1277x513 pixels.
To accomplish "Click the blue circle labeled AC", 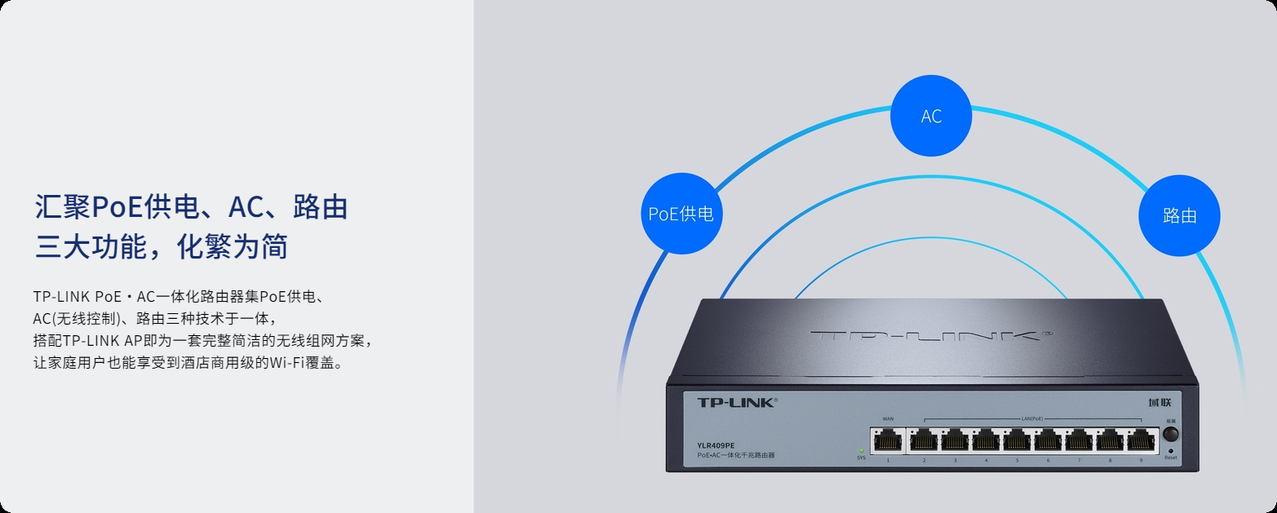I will click(931, 116).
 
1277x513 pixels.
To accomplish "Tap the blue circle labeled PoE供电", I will click(681, 214).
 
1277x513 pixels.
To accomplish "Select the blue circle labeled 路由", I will click(1179, 215).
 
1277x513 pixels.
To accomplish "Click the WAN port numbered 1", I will click(888, 441).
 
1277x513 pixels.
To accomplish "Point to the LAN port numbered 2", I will click(924, 441).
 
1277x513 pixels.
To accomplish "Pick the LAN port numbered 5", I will click(1018, 441).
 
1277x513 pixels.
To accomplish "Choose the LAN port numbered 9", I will click(1142, 441).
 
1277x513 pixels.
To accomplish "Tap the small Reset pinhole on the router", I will click(1171, 450).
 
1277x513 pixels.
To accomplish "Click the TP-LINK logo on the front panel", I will click(737, 402).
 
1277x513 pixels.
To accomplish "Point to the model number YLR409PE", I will click(716, 444).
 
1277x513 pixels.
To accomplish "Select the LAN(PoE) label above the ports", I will click(1032, 418).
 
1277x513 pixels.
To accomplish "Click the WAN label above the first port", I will click(888, 418).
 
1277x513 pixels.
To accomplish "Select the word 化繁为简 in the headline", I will click(232, 246).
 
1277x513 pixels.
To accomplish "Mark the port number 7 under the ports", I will click(1079, 461).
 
